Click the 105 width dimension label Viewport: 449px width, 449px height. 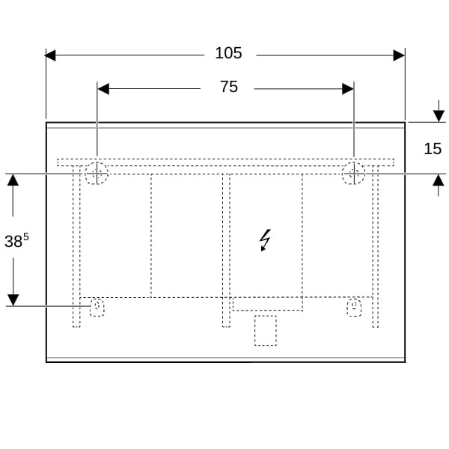coord(228,53)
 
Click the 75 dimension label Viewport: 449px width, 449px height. coord(229,87)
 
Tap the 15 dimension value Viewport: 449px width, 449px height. coord(433,149)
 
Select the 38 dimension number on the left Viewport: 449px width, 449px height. coord(13,241)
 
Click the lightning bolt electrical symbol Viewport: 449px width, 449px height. coord(265,240)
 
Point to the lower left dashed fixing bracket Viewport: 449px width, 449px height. coord(97,308)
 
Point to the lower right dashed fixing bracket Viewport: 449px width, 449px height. coord(354,308)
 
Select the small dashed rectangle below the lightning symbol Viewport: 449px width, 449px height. coord(266,331)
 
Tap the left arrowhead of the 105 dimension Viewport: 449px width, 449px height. coord(50,55)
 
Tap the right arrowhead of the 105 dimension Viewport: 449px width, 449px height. coord(399,55)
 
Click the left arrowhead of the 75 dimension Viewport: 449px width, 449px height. coord(103,89)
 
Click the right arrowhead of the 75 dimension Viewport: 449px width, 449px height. coord(348,89)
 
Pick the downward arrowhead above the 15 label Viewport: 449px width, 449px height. coord(439,116)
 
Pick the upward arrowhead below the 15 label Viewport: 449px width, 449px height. coord(439,180)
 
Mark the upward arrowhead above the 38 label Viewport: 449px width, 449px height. coord(13,180)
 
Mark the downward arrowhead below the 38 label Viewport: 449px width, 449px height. coord(13,300)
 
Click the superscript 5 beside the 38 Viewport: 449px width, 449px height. coord(26,236)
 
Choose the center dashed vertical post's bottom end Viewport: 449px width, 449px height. coord(226,327)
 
